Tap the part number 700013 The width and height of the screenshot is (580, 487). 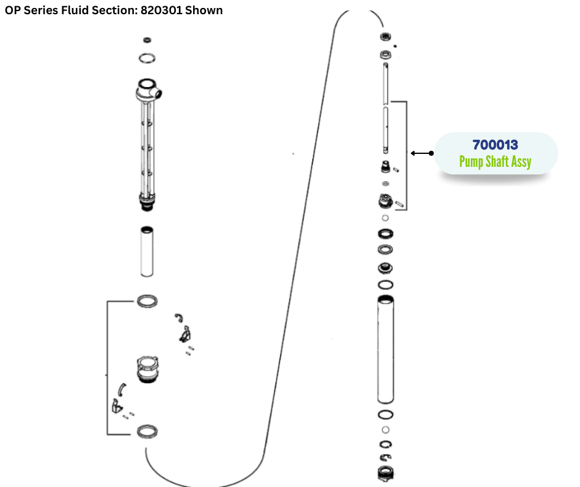[x=495, y=145]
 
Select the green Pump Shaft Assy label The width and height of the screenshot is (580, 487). [x=495, y=163]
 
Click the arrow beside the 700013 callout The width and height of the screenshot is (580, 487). [x=422, y=153]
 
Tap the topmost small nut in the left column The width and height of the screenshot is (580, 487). [x=147, y=40]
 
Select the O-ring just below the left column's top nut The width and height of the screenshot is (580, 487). [x=147, y=58]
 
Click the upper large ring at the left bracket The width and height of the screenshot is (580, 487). [x=146, y=301]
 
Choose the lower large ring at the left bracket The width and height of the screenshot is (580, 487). [x=146, y=431]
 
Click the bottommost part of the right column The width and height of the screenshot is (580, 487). [x=385, y=473]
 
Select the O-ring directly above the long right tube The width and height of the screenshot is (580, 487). [x=386, y=284]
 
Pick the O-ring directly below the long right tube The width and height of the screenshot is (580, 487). [x=386, y=414]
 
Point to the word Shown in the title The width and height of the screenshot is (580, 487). [x=207, y=11]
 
